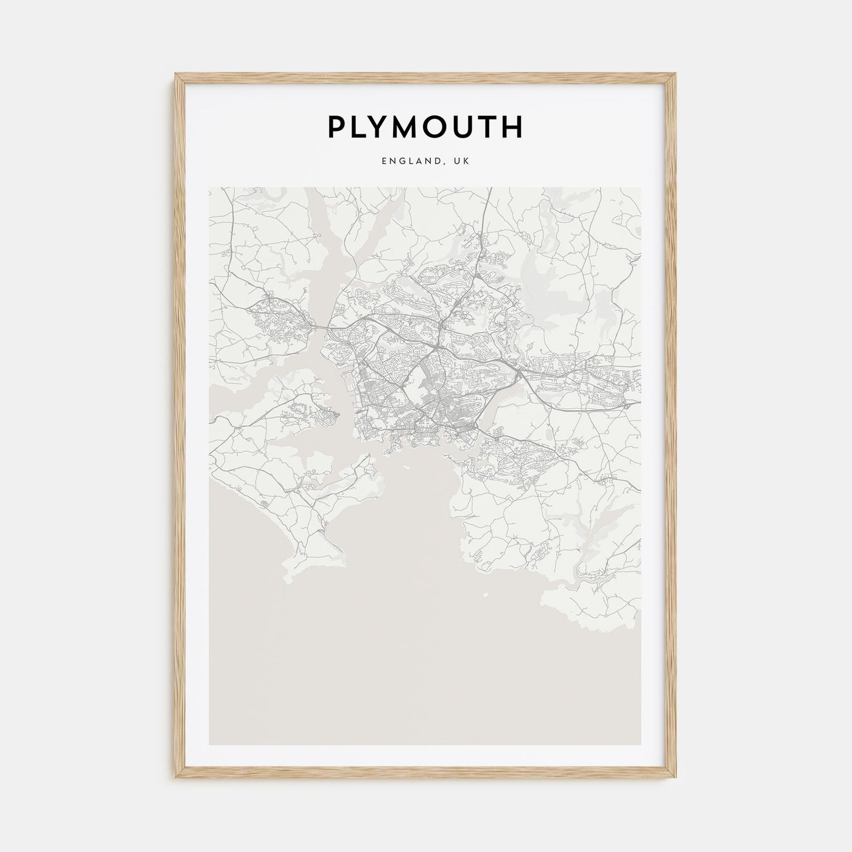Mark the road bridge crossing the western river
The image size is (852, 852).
(x=321, y=328)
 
